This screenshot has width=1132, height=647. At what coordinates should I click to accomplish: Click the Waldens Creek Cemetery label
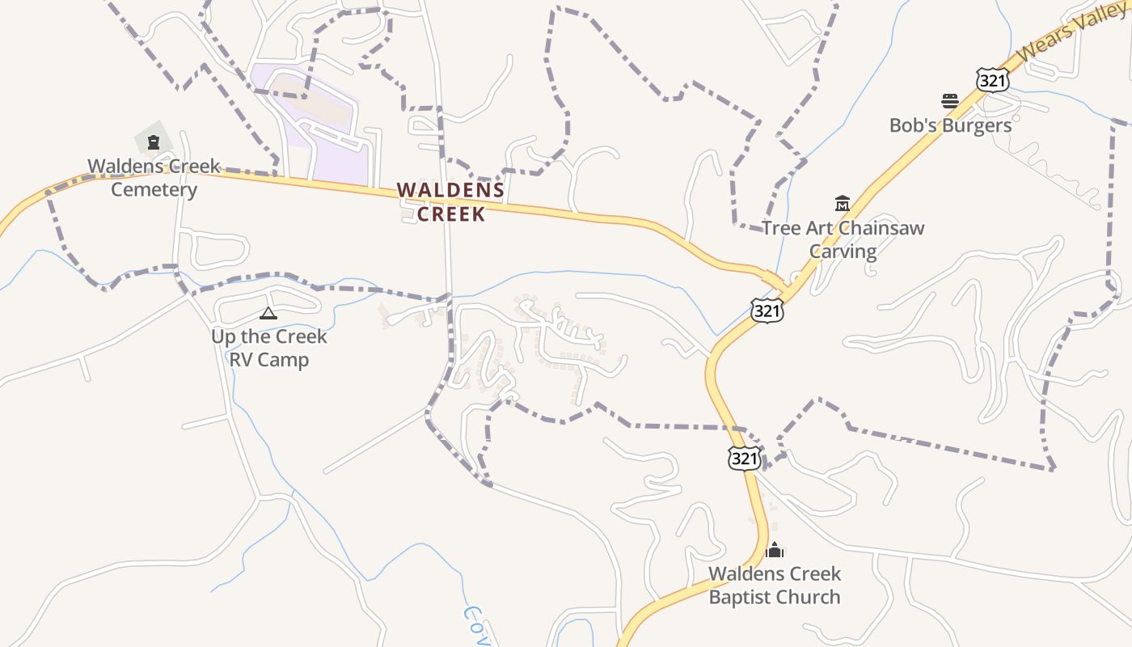click(154, 178)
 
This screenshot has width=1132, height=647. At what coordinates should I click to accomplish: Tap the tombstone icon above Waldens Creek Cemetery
click(153, 143)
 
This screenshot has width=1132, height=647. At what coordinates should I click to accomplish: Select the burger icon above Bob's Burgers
click(950, 101)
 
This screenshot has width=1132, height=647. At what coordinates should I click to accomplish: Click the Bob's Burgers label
click(950, 125)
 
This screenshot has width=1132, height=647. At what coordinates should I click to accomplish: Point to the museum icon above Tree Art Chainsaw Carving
click(843, 204)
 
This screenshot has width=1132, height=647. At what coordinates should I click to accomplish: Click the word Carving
click(843, 251)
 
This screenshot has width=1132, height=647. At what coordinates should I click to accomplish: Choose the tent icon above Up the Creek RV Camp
click(268, 313)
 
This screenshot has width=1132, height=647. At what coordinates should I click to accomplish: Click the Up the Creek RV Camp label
click(268, 348)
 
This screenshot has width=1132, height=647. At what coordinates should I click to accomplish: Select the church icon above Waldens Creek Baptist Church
click(775, 550)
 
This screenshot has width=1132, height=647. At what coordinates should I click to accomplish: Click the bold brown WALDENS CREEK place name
click(451, 202)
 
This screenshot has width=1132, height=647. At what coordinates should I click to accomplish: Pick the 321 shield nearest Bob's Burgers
click(992, 80)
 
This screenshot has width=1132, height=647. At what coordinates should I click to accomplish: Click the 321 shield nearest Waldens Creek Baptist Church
click(744, 459)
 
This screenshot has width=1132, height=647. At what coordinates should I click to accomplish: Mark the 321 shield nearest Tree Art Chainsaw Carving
click(766, 310)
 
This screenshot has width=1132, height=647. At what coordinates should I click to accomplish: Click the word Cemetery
click(154, 190)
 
